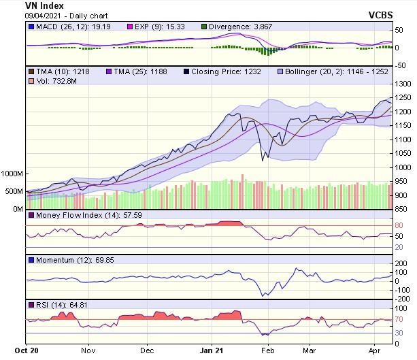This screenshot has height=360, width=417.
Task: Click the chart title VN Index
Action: tap(44, 5)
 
